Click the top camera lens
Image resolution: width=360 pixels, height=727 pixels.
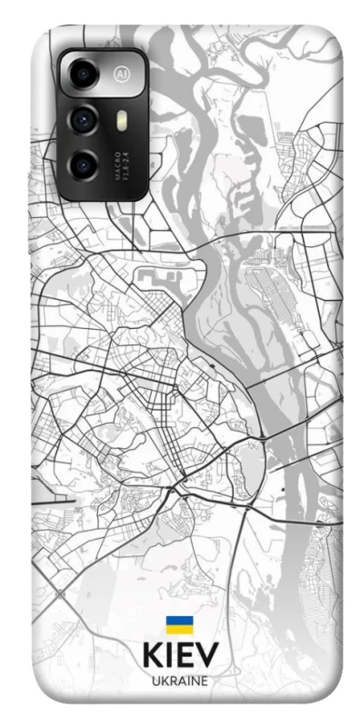(84, 73)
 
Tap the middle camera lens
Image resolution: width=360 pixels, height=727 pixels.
(84, 118)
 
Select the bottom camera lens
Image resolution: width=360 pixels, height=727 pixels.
(84, 164)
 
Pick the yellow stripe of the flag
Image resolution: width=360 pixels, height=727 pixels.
(179, 630)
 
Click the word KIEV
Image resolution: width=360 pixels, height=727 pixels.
(179, 657)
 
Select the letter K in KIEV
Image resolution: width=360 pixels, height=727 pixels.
(153, 657)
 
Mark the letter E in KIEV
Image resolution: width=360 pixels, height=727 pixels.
(185, 657)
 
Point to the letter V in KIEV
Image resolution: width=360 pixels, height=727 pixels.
(207, 657)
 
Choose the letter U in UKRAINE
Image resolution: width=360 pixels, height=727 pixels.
(155, 682)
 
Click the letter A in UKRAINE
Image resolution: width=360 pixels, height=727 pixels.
(180, 682)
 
